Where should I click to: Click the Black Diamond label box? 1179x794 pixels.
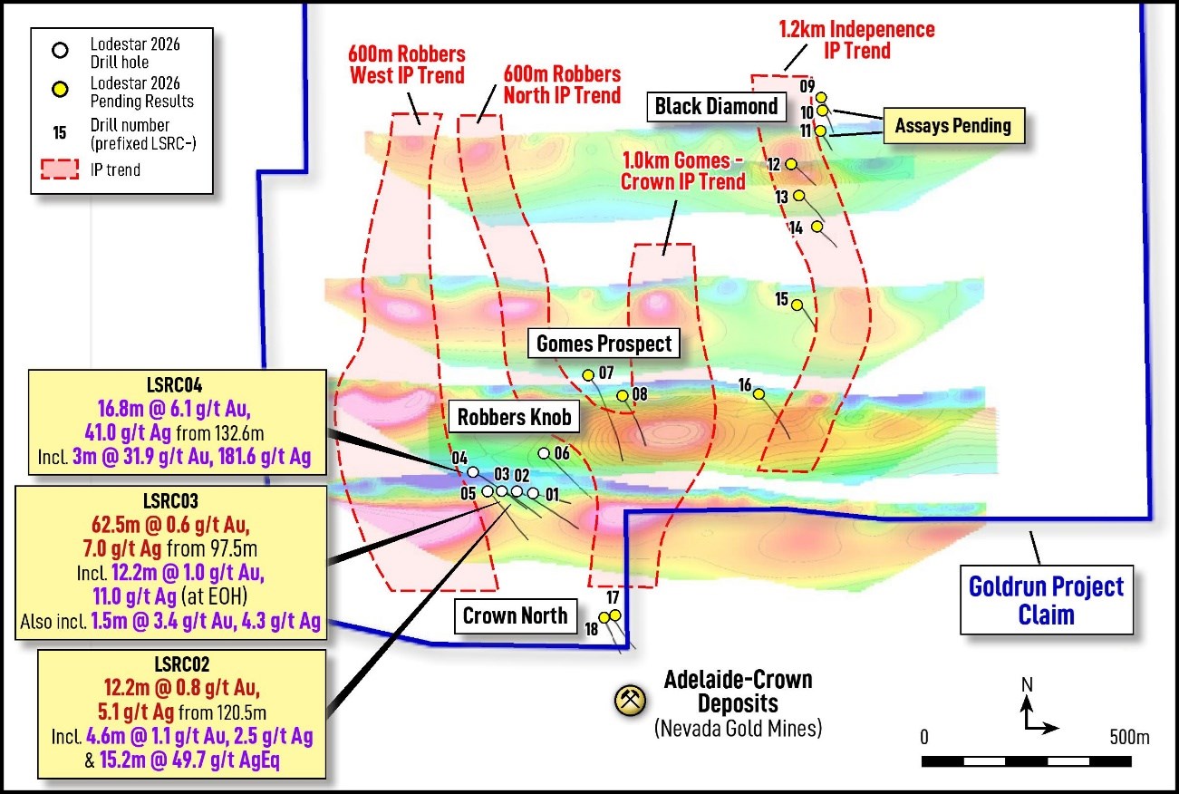click(x=716, y=107)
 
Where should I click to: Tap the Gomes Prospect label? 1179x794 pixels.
click(x=604, y=344)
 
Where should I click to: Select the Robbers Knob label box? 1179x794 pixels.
click(x=514, y=417)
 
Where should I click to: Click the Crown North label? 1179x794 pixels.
click(x=516, y=616)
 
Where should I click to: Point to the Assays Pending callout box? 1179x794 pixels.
click(x=953, y=126)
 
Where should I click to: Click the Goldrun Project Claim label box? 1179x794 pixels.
click(x=1047, y=600)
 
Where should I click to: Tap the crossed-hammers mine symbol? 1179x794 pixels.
click(x=631, y=701)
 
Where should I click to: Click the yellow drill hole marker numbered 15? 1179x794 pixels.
click(x=797, y=305)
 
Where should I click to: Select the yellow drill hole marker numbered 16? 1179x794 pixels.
click(x=759, y=393)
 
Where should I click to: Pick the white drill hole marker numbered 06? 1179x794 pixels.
click(x=544, y=453)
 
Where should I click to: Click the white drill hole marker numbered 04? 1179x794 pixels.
click(x=473, y=471)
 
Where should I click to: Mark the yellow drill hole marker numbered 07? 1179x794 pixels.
click(x=588, y=375)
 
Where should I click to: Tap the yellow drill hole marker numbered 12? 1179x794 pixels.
click(x=791, y=164)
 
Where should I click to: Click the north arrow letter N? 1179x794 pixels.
click(x=1027, y=684)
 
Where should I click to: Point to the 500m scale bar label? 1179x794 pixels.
click(x=1129, y=737)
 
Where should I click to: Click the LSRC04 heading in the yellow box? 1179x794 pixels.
click(x=174, y=385)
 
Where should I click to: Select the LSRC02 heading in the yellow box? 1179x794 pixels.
click(x=181, y=664)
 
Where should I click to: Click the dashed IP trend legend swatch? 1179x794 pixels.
click(x=60, y=169)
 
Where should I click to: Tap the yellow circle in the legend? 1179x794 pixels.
click(x=61, y=90)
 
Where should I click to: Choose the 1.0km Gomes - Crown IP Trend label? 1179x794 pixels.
click(x=682, y=171)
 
